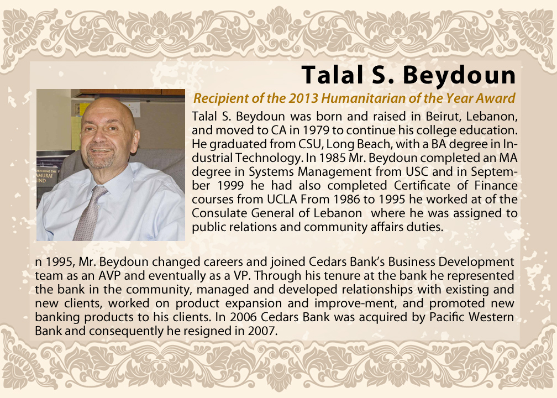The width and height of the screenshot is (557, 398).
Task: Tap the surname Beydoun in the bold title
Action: (459, 75)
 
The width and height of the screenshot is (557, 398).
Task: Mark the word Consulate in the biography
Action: (220, 213)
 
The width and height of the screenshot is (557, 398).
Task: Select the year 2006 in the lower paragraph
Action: (244, 317)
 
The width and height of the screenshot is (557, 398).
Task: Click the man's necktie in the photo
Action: (88, 213)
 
